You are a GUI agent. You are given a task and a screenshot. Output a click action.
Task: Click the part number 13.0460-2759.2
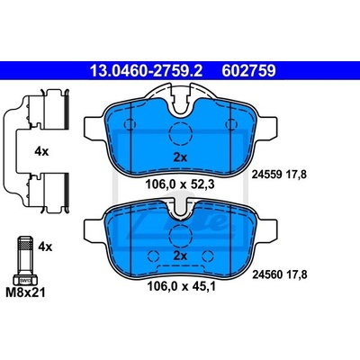[147, 71]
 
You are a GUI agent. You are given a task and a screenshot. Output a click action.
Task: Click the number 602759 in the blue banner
[248, 71]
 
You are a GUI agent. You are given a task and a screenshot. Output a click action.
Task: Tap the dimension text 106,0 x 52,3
[180, 184]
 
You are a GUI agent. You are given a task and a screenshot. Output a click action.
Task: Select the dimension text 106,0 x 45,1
[181, 286]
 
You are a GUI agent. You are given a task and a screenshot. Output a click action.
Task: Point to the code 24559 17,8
[279, 175]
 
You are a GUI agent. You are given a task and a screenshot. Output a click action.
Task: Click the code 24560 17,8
[280, 274]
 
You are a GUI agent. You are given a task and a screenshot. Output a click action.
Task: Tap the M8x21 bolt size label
[26, 292]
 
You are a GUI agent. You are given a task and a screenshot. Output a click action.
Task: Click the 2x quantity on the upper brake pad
[180, 157]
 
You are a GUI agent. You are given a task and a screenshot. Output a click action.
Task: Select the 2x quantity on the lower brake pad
[180, 256]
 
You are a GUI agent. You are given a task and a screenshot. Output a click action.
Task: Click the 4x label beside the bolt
[45, 247]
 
